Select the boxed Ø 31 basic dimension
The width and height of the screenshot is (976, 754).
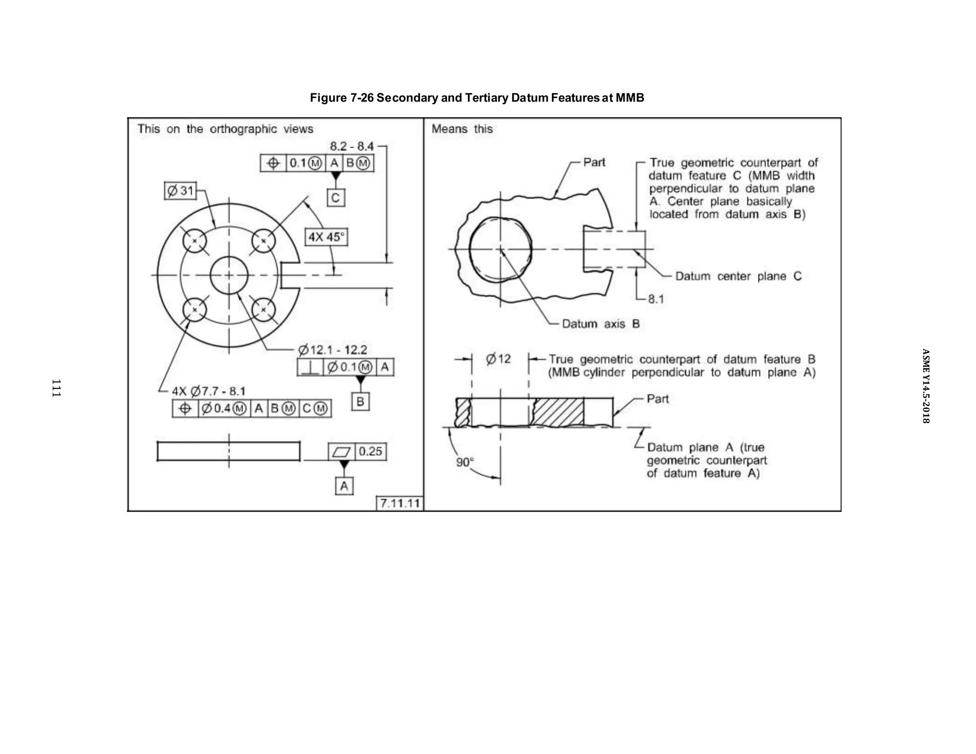pos(180,191)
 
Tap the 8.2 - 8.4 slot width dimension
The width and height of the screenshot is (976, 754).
pos(352,146)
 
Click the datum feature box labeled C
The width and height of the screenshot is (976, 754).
pos(335,198)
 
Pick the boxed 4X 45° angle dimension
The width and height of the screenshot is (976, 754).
pos(326,237)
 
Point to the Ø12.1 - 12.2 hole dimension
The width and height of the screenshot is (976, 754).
pos(333,350)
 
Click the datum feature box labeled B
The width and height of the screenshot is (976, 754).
pos(360,402)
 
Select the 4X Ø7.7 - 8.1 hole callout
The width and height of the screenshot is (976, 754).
pos(209,391)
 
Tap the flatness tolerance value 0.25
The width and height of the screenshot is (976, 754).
pos(370,451)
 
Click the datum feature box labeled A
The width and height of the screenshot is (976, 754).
pos(344,486)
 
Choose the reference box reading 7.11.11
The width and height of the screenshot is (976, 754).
pos(400,503)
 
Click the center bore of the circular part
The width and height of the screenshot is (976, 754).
pos(229,275)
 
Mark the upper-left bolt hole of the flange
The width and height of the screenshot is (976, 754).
pos(194,241)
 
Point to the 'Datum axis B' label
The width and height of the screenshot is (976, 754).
pos(600,324)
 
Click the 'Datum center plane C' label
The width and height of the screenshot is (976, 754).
pos(738,276)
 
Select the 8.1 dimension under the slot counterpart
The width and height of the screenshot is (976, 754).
pos(656,299)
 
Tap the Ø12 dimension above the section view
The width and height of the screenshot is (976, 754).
pos(498,359)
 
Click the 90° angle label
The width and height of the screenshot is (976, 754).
pos(465,462)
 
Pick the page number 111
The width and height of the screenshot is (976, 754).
pos(56,388)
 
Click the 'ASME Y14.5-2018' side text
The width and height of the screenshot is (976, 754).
pos(925,386)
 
